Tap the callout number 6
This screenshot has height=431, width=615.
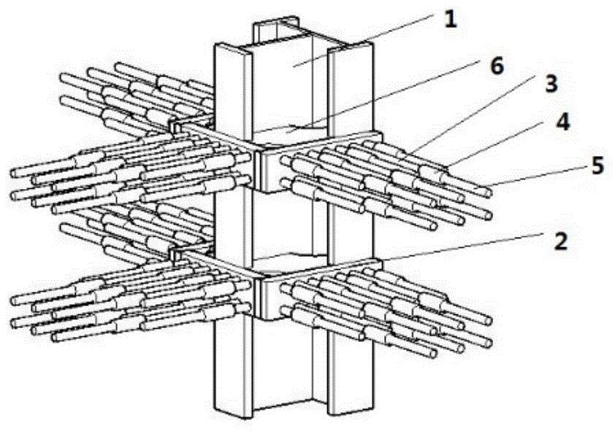click(496, 66)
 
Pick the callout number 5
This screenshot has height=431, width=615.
click(597, 167)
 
